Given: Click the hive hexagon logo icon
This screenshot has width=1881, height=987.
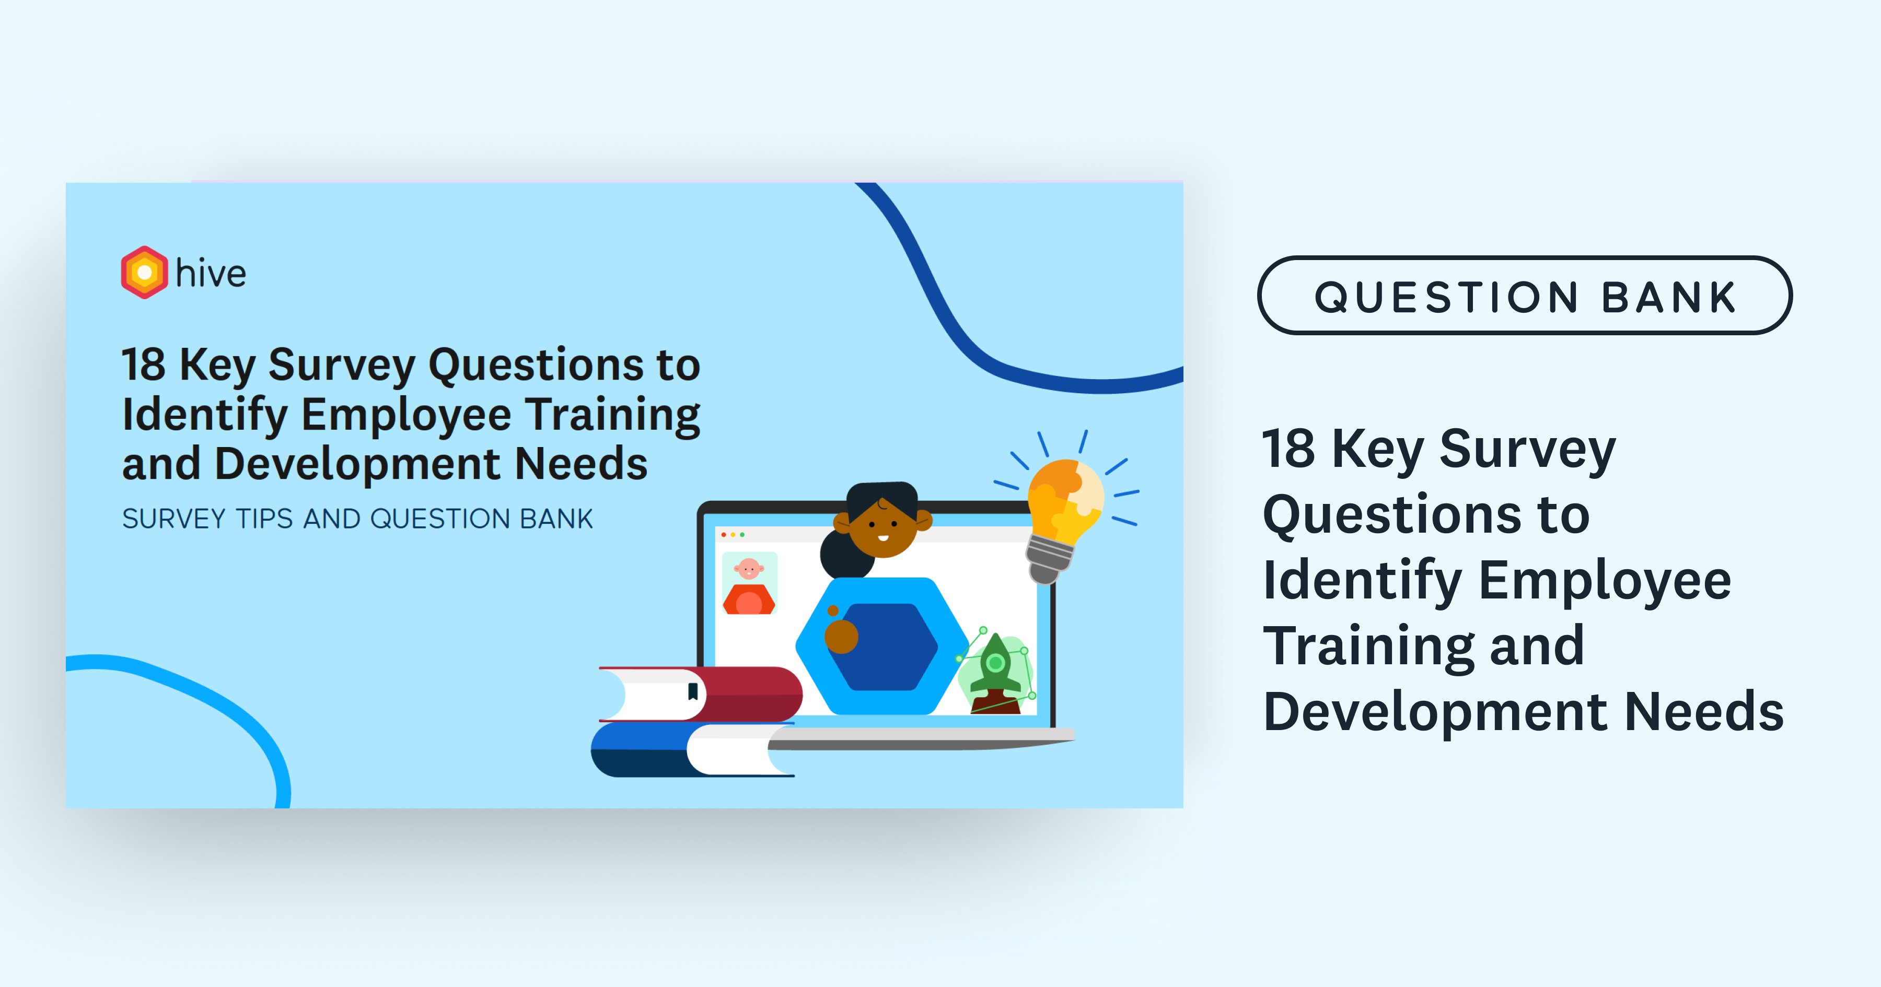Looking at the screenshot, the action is pos(145,272).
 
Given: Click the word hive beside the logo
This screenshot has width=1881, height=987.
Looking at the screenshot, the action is pos(211,273).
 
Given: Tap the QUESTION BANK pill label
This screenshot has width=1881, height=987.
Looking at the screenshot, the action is pos(1525,296).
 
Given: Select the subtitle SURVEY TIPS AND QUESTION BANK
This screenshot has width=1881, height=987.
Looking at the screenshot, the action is pos(357,519).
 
